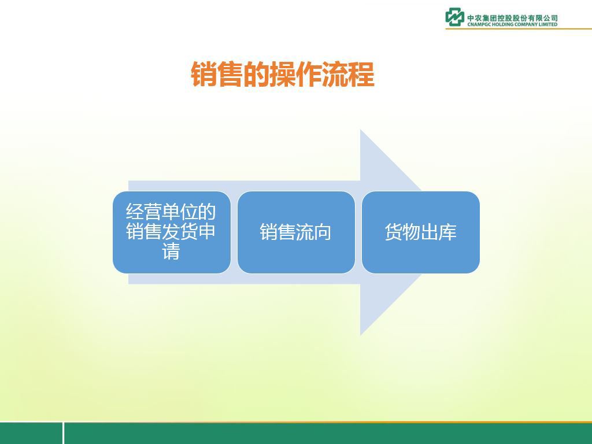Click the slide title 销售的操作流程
click(x=282, y=75)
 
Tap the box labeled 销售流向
click(x=296, y=232)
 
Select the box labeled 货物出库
click(x=421, y=232)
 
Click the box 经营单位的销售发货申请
click(x=171, y=232)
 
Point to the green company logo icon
click(x=454, y=17)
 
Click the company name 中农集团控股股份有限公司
click(x=512, y=18)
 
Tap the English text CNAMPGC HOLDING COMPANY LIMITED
click(x=512, y=24)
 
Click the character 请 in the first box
click(x=171, y=251)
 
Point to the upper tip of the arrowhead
click(x=361, y=129)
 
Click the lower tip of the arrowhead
click(x=361, y=335)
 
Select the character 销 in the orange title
click(x=204, y=75)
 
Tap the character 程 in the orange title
click(x=361, y=75)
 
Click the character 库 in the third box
click(x=447, y=232)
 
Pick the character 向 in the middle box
click(x=323, y=232)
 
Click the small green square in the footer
click(x=31, y=434)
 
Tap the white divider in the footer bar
click(x=63, y=433)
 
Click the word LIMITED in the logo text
click(x=548, y=24)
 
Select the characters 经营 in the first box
click(x=143, y=212)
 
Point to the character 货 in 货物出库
click(x=394, y=232)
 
